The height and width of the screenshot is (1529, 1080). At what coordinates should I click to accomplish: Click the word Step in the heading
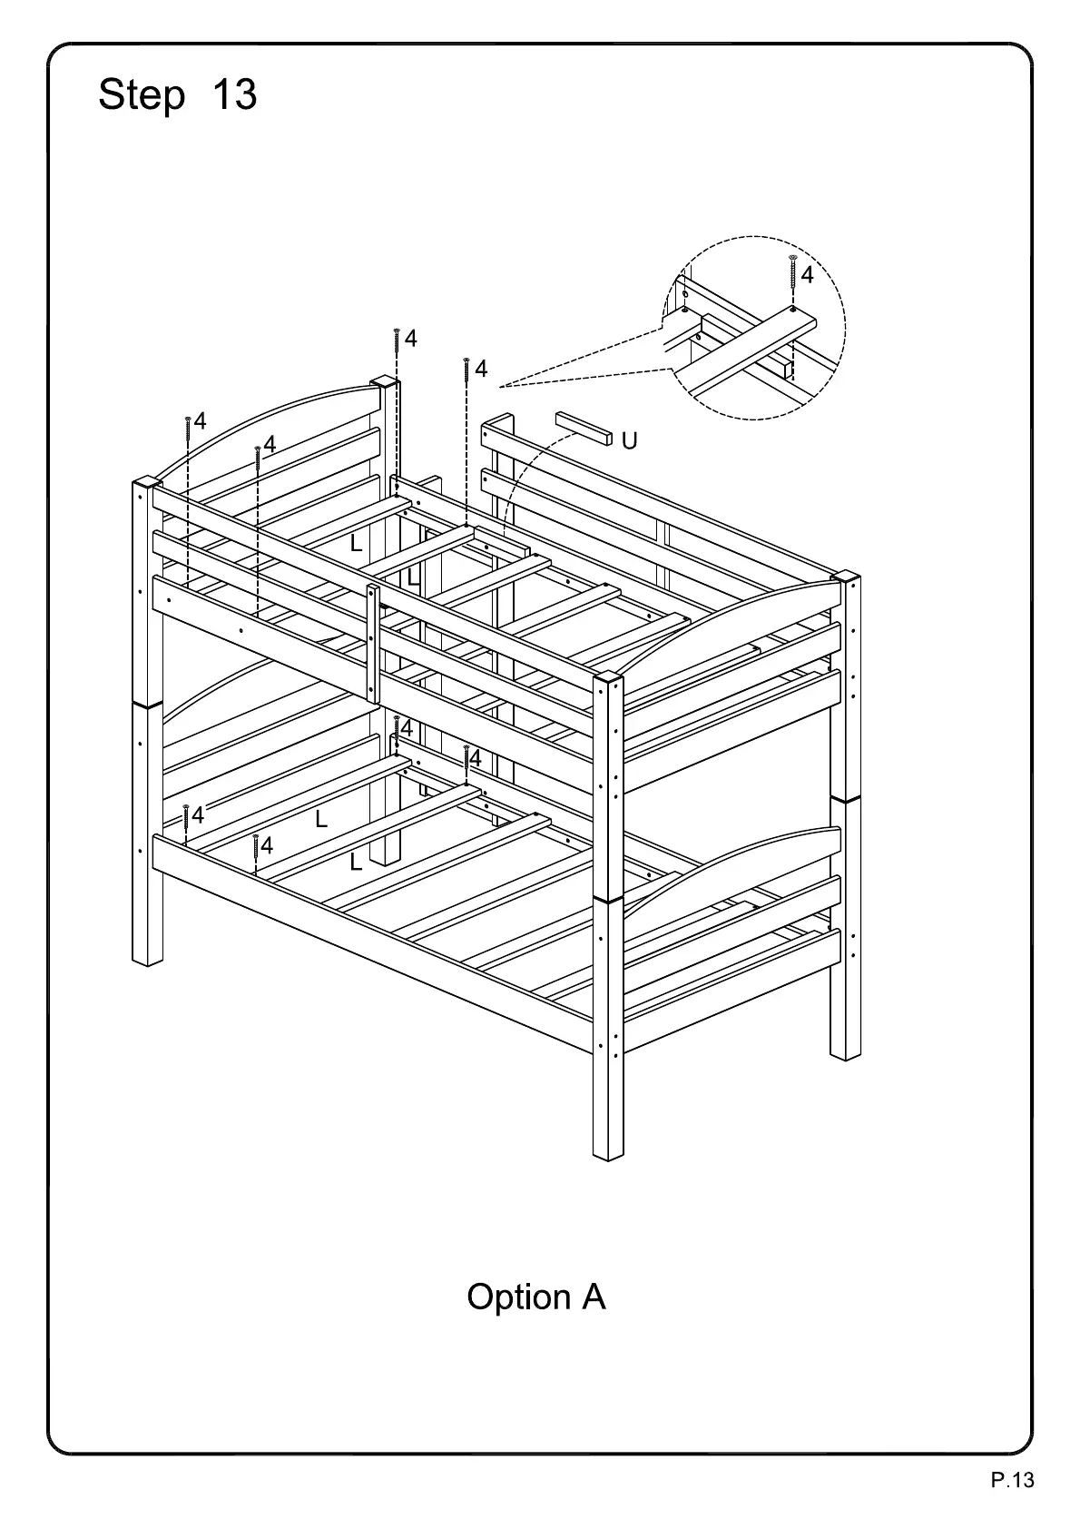pos(141,95)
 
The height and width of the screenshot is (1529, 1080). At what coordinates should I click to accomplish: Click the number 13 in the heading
pos(234,94)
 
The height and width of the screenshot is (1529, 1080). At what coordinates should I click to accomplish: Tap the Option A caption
pos(535,1297)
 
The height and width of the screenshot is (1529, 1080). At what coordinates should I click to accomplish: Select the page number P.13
pos(1012,1480)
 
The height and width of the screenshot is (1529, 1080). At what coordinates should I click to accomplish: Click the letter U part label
pos(629,441)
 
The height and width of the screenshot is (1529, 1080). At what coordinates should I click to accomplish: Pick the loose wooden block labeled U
pos(580,428)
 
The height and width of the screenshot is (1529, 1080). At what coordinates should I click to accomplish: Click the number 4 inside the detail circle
pos(807,275)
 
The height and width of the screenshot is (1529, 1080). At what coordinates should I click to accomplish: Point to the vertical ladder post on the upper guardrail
pos(373,643)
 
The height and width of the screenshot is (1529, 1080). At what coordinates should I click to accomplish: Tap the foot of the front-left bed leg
pos(147,957)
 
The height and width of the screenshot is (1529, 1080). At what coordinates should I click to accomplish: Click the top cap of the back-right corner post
pos(845,576)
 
